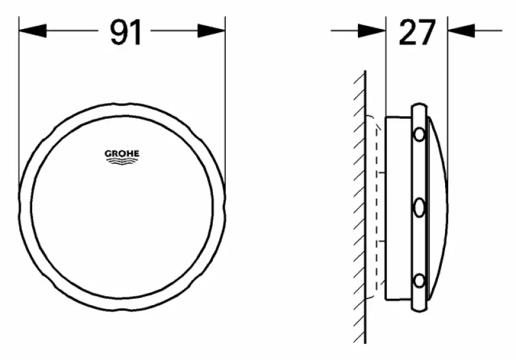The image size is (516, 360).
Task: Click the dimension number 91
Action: tap(126, 32)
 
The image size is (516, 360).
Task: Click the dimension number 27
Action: tap(417, 32)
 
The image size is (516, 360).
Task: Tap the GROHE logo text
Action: tap(122, 154)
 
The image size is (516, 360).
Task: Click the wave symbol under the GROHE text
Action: tap(122, 163)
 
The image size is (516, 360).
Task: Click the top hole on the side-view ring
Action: tap(419, 135)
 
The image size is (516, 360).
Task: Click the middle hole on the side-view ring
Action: tap(419, 208)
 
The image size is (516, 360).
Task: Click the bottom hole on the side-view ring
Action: tap(419, 281)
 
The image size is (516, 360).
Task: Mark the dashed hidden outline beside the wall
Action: tap(375, 206)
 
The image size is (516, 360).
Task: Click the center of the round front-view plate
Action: tap(123, 207)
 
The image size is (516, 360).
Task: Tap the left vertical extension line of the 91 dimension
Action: tap(19, 97)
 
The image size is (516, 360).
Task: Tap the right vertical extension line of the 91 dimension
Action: tap(225, 97)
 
